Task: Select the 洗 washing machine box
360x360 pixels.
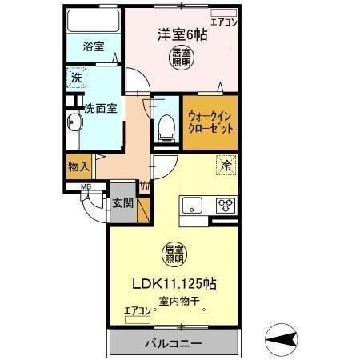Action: click(76, 78)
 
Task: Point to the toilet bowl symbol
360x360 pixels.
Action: click(166, 126)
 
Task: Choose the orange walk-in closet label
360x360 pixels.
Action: click(211, 121)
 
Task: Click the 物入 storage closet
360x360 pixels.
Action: click(78, 167)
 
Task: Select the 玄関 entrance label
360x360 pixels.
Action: click(122, 202)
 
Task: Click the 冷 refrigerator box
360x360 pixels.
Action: click(227, 167)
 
